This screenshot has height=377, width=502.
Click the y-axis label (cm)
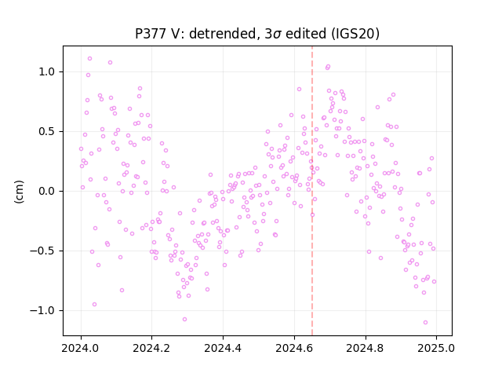coord(19,192)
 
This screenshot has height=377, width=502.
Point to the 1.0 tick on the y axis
coord(47,71)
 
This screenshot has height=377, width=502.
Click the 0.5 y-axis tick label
coord(47,131)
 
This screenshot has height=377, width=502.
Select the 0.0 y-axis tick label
coord(47,191)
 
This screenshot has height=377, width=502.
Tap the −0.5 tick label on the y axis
coord(42,251)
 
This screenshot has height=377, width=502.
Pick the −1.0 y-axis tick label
coord(42,310)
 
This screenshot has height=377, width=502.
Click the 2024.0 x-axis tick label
coord(81,348)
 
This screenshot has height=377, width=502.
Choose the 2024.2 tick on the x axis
coord(151,348)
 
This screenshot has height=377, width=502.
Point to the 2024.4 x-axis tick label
coord(223,348)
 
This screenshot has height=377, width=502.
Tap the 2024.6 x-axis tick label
coord(294,348)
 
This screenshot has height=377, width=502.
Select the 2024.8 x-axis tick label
coord(365,348)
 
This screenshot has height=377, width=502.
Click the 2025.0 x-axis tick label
coord(436,348)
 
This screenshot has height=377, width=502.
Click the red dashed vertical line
coord(312,191)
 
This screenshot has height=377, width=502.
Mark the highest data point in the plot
coord(89,59)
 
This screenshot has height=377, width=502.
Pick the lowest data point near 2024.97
coord(425,323)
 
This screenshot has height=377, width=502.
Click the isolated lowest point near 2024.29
coord(184,320)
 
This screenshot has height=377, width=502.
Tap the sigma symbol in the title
coord(277,35)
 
